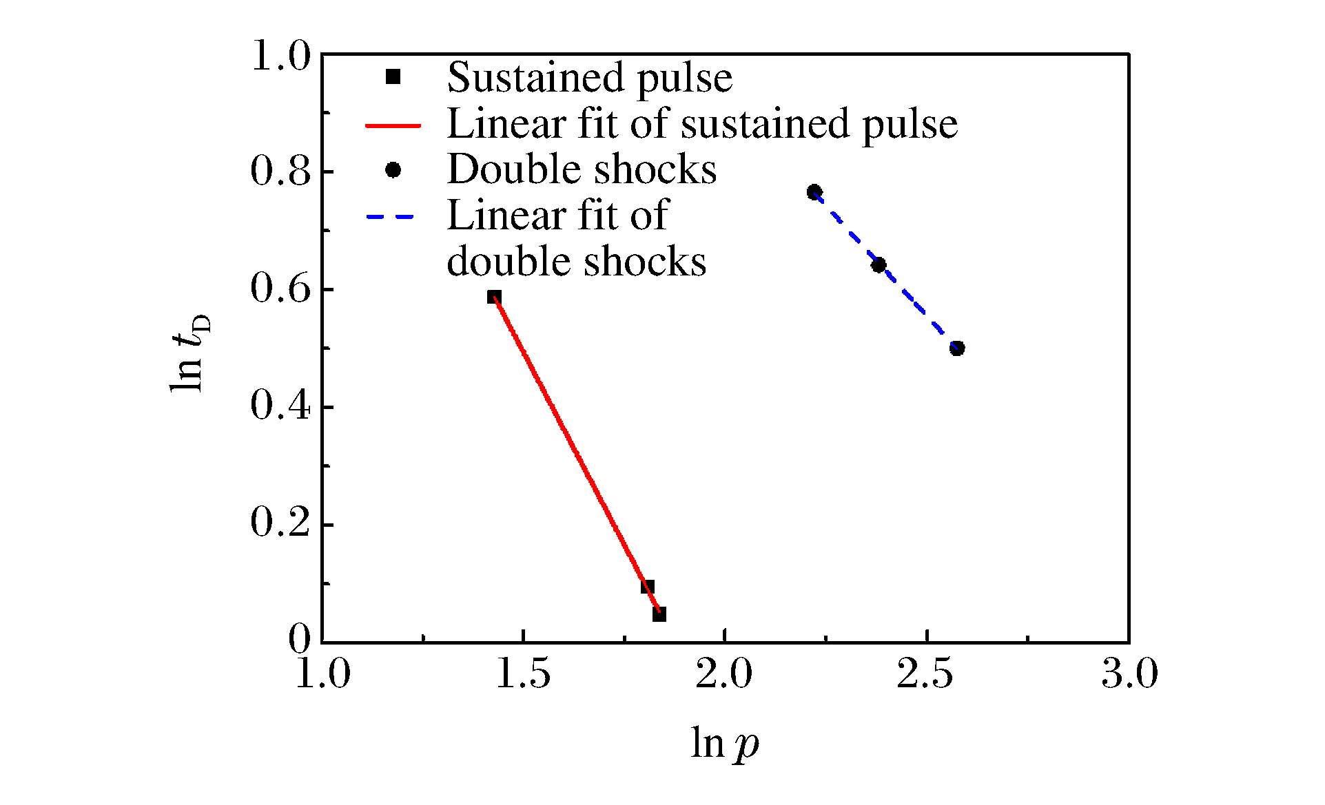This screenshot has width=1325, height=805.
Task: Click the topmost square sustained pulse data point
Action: click(x=494, y=297)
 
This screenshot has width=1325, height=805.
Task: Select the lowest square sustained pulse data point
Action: click(x=659, y=614)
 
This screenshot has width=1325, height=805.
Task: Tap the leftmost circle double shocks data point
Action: click(x=814, y=191)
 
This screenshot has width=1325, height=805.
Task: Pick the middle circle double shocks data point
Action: click(x=879, y=265)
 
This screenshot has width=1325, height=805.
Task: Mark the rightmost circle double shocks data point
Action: click(x=957, y=348)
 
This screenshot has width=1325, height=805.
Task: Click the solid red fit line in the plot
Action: click(x=572, y=448)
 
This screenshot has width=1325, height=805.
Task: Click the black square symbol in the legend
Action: click(x=393, y=77)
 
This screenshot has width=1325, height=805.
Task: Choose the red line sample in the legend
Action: click(x=392, y=125)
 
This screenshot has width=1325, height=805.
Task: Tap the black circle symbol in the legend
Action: click(x=393, y=170)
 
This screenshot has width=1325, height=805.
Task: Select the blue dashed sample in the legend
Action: click(x=390, y=217)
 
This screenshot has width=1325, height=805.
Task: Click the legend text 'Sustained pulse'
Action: click(x=589, y=77)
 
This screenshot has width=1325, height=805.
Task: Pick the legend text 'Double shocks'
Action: click(x=582, y=169)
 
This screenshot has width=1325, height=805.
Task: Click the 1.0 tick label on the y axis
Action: click(x=280, y=55)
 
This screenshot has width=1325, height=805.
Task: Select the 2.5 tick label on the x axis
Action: click(x=925, y=673)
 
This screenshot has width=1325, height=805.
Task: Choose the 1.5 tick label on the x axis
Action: click(x=523, y=673)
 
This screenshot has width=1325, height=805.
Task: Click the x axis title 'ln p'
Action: click(x=725, y=744)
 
